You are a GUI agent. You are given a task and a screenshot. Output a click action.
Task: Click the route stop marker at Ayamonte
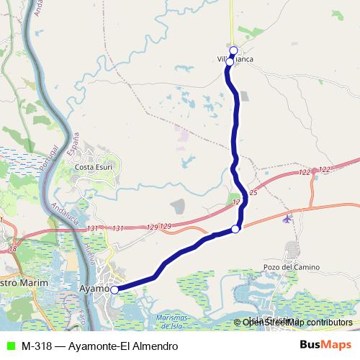(114, 290)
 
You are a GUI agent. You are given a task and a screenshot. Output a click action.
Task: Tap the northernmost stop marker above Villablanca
(233, 50)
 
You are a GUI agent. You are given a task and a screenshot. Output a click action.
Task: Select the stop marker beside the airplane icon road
(235, 230)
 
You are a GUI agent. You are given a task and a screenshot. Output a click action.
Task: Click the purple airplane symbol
(289, 217)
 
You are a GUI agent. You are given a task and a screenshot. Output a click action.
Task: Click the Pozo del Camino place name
(291, 267)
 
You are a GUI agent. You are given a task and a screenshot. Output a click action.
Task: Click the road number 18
(12, 248)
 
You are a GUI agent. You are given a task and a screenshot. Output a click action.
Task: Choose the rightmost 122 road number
(324, 169)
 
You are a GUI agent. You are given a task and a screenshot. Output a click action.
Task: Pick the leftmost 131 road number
(91, 228)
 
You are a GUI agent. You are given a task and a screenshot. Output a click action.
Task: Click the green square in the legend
(9, 346)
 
